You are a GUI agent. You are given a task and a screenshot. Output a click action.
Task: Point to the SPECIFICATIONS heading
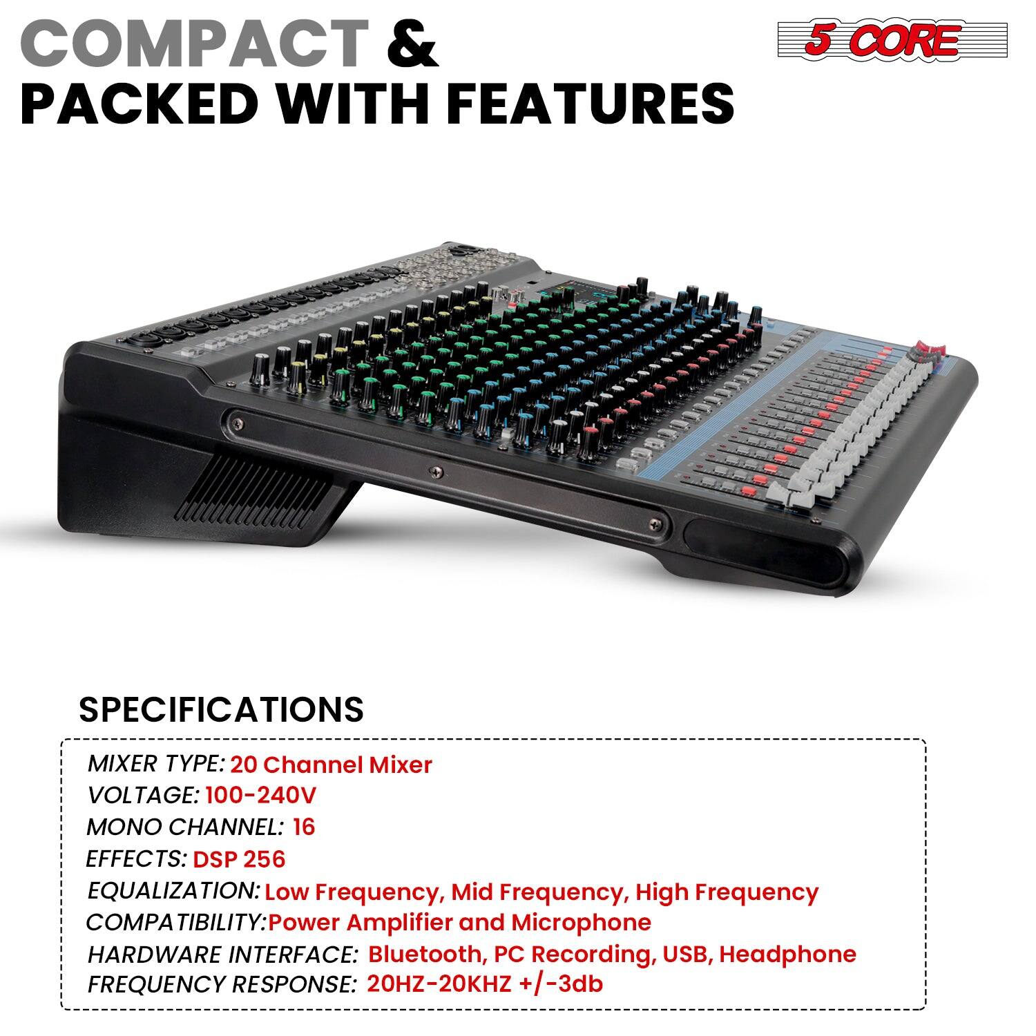221,709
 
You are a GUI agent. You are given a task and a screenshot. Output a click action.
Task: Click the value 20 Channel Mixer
331,765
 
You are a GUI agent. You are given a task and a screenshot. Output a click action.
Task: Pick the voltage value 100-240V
260,796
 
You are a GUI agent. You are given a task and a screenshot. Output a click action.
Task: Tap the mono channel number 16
304,827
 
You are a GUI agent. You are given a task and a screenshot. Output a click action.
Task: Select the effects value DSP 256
239,859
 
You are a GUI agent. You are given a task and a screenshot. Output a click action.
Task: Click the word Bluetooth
423,955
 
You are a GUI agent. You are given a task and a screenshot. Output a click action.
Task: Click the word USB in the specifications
685,955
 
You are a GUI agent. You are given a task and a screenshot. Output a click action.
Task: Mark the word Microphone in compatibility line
581,923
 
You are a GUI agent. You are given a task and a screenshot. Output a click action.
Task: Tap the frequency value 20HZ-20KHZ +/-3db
484,984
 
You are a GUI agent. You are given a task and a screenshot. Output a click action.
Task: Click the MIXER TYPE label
156,764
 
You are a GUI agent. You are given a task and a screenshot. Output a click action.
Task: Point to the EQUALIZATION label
173,891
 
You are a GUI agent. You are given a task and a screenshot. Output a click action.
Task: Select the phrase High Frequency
727,892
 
